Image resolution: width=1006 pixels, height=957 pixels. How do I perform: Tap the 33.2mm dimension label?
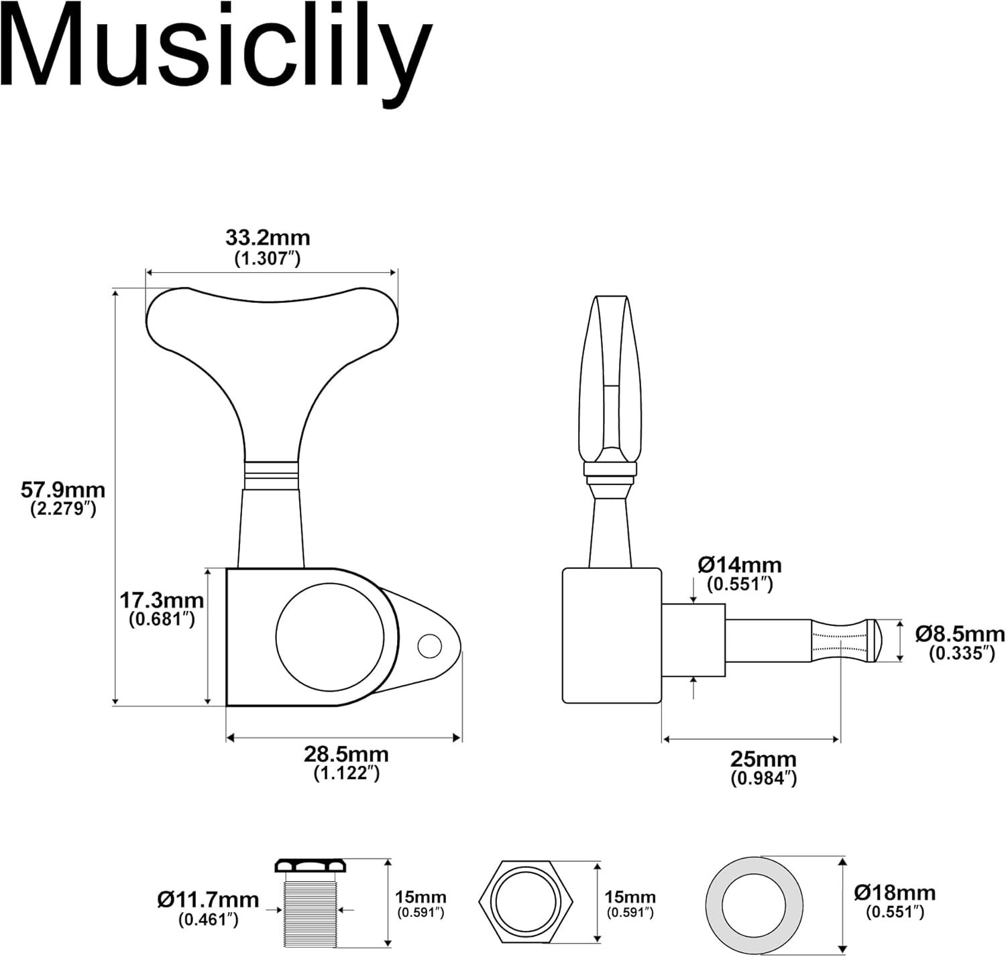pos(268,238)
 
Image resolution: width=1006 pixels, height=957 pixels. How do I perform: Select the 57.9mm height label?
pos(63,490)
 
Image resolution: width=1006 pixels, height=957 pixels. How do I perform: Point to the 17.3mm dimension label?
pos(162,600)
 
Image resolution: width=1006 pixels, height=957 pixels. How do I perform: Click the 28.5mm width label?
pos(347,755)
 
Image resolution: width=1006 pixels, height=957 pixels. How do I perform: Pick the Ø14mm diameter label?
pos(740,565)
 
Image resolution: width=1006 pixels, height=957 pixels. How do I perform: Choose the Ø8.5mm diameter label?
pos(960,634)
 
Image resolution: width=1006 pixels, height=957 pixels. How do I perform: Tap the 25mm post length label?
pos(763,759)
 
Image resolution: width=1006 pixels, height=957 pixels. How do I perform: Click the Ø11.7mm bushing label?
pos(209,900)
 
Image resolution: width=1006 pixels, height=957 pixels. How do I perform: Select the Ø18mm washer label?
pos(895,893)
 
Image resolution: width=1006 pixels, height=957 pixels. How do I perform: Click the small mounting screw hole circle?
pos(430,647)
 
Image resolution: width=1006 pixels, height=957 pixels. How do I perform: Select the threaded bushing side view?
pos(310,903)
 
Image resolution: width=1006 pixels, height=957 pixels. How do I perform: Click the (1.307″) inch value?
pos(268,259)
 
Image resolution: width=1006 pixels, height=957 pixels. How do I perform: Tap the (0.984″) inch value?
pos(763,779)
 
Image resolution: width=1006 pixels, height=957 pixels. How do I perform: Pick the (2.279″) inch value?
pos(63,509)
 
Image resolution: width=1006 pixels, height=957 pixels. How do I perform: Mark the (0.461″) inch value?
pos(209,919)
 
